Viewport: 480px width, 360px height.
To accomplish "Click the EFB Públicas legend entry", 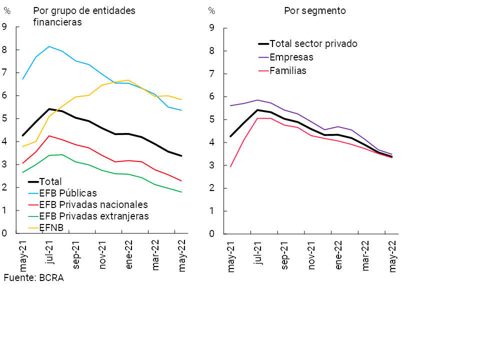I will click(68, 193).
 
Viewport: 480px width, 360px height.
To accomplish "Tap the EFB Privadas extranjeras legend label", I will click(94, 216).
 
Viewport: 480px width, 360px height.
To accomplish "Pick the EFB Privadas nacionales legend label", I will click(93, 204).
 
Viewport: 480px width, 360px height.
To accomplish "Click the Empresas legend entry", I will click(291, 57).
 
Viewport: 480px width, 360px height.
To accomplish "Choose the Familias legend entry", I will click(288, 70).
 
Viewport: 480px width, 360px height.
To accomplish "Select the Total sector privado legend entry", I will click(313, 43).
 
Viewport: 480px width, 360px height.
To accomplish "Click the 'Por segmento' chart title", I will click(315, 10).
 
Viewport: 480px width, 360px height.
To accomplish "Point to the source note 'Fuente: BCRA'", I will click(33, 278).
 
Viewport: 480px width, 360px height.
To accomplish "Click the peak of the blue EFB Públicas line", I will click(49, 46).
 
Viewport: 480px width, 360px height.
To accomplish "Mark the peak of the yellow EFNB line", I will click(129, 80).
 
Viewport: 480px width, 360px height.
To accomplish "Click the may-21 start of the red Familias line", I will click(230, 166).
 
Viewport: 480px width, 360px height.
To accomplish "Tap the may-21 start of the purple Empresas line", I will click(230, 105).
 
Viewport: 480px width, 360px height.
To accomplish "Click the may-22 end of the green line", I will click(181, 192).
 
